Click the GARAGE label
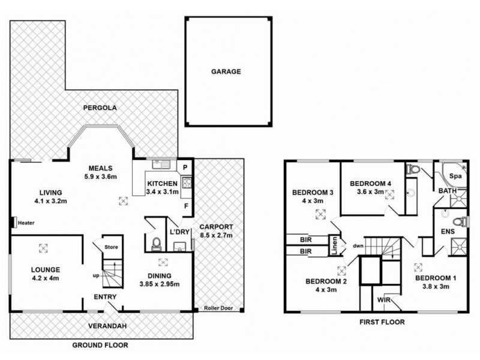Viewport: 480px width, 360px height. pyautogui.click(x=226, y=71)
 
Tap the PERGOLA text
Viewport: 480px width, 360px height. pyautogui.click(x=100, y=108)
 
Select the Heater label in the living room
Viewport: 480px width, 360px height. pyautogui.click(x=26, y=223)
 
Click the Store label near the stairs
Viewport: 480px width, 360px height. pyautogui.click(x=111, y=247)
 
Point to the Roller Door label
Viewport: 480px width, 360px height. pyautogui.click(x=218, y=308)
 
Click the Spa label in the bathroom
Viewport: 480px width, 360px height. pyautogui.click(x=455, y=176)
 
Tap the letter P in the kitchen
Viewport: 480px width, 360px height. pyautogui.click(x=185, y=167)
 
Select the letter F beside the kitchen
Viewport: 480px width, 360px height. pyautogui.click(x=186, y=206)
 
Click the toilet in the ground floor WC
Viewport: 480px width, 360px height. pyautogui.click(x=156, y=244)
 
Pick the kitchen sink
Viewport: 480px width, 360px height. pyautogui.click(x=161, y=164)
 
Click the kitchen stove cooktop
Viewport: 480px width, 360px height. pyautogui.click(x=187, y=183)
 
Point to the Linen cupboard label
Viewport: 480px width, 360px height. pyautogui.click(x=334, y=245)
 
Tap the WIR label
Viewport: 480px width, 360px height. pyautogui.click(x=384, y=300)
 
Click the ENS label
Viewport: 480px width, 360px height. pyautogui.click(x=448, y=232)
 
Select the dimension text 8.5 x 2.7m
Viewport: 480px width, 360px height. pyautogui.click(x=216, y=235)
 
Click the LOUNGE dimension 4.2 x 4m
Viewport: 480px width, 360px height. pyautogui.click(x=45, y=278)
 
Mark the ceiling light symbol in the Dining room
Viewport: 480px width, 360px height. pyautogui.click(x=163, y=262)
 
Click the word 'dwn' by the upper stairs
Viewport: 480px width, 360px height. pyautogui.click(x=358, y=245)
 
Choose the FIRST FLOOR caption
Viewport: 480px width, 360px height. pyautogui.click(x=382, y=322)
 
